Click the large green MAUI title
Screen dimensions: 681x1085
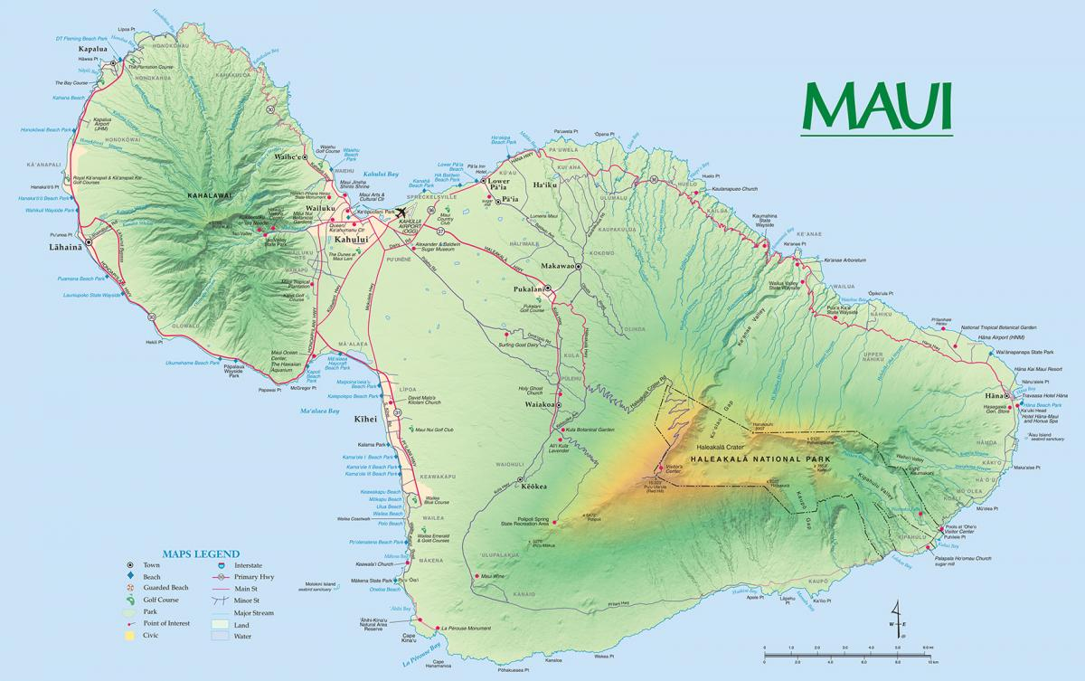[x=877, y=107]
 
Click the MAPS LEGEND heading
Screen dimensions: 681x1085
[x=200, y=553]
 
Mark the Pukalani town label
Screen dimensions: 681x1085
[x=529, y=289]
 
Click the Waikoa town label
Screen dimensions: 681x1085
[x=539, y=405]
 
